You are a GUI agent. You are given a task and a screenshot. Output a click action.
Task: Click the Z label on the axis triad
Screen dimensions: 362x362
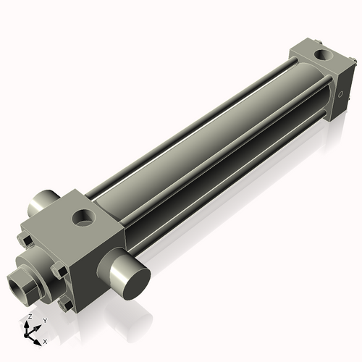tap(29, 317)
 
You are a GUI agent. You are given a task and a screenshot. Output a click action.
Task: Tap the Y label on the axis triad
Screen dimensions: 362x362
tap(44, 320)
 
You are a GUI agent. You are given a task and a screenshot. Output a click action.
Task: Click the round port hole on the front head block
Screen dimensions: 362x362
tap(85, 216)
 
